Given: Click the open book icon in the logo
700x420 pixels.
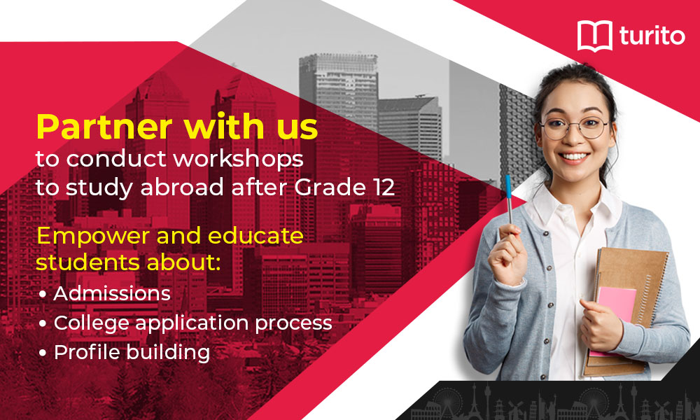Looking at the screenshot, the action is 595,36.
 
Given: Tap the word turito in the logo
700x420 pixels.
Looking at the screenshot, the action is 652,36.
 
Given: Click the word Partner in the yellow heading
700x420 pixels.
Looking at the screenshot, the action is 104,127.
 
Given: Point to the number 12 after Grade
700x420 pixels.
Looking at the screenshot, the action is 384,188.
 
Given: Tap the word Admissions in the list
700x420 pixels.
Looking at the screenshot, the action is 112,294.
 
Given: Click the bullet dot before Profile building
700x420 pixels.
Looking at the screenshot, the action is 43,353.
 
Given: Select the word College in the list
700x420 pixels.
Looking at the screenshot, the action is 92,323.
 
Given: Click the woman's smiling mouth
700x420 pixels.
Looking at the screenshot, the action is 574,157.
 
